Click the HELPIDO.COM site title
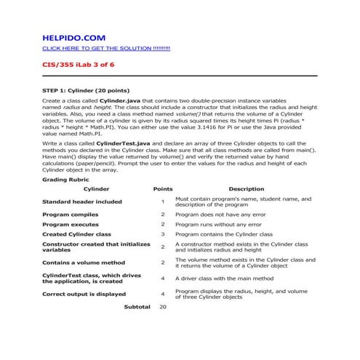[x=74, y=36]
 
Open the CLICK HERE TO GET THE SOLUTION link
[x=106, y=48]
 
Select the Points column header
[x=163, y=189]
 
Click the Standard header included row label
[x=82, y=201]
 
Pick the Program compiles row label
[x=70, y=215]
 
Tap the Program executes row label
[x=71, y=225]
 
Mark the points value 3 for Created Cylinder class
[x=163, y=235]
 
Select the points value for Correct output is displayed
[x=163, y=295]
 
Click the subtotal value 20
[x=163, y=308]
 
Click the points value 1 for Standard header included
[x=163, y=201]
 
